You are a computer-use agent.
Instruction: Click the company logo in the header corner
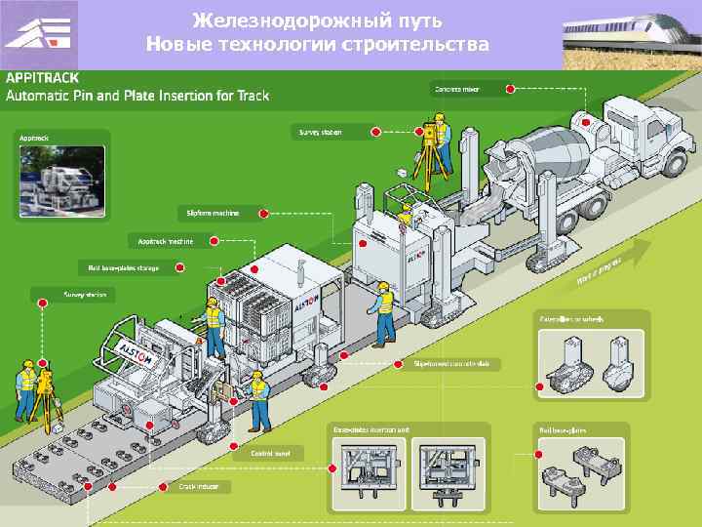pyautogui.click(x=39, y=34)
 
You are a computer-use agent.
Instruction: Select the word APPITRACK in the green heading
pyautogui.click(x=44, y=76)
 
